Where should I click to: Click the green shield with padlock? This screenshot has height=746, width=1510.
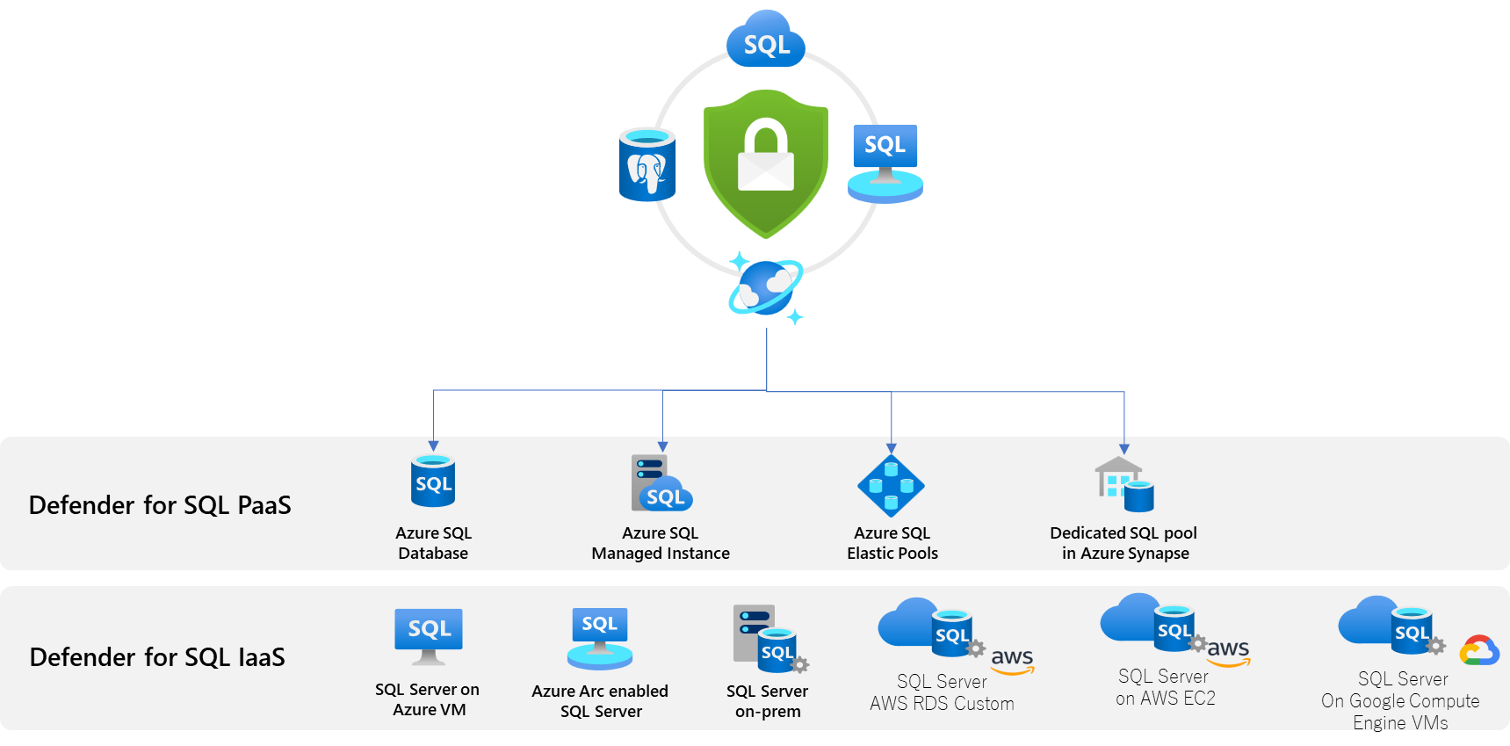(x=766, y=163)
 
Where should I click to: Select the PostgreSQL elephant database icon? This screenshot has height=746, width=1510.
(x=647, y=165)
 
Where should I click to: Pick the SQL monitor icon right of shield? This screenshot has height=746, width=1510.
(x=885, y=163)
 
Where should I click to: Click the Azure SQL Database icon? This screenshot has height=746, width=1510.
(x=433, y=481)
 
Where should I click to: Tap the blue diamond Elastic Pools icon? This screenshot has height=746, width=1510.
(x=891, y=485)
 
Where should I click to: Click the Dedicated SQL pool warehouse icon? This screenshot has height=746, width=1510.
(x=1124, y=484)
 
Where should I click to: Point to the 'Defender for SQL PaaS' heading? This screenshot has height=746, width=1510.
(x=160, y=505)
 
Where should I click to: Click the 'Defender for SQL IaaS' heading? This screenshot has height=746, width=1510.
(x=157, y=657)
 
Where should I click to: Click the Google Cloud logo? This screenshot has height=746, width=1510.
(x=1479, y=650)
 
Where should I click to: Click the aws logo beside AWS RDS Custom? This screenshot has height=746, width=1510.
(x=1013, y=661)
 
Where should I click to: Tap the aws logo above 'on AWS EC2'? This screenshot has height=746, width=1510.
(x=1228, y=652)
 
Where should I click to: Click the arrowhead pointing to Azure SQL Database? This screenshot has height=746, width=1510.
(x=433, y=446)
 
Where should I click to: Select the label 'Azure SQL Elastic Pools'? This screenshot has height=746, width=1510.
(x=892, y=543)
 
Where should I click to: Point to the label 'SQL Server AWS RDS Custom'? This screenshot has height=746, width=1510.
(x=942, y=692)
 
